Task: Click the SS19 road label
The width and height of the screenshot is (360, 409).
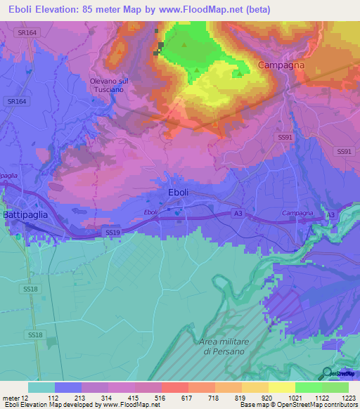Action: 112,232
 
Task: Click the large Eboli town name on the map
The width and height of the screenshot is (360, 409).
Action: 179,192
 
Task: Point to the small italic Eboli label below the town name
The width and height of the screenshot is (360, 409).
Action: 150,212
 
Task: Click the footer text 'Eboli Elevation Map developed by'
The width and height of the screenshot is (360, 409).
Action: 51,405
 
